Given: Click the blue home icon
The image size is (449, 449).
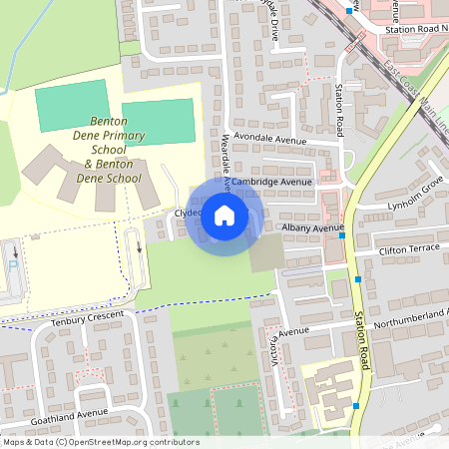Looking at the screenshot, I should tap(224, 215).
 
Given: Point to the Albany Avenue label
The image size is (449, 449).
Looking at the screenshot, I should tap(311, 228).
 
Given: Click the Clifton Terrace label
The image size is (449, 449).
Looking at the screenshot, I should tap(410, 245).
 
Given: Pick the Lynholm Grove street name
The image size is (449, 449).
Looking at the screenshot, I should tap(414, 200).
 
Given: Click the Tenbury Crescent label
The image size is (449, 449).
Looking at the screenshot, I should tap(88, 318).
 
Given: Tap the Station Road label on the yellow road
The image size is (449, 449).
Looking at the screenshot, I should tap(361, 342).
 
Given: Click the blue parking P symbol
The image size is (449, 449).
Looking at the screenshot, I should tap(12, 266).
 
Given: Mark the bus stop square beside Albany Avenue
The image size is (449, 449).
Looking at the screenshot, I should tap(342, 236).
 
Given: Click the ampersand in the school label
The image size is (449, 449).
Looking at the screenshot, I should tap(88, 164).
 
